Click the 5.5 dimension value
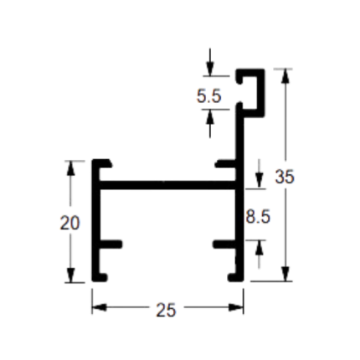click(209, 96)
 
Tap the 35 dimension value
click(285, 177)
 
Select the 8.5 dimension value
click(258, 217)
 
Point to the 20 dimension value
click(69, 224)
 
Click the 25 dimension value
click(166, 310)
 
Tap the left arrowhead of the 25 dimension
click(100, 307)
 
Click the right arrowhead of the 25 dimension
click(236, 307)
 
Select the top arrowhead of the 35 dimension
click(285, 76)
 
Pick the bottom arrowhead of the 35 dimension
click(285, 274)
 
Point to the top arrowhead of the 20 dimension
click(70, 168)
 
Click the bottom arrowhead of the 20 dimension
click(70, 275)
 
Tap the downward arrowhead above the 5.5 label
click(210, 69)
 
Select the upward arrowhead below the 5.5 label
click(210, 116)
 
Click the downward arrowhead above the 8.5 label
click(260, 181)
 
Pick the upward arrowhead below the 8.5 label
click(260, 247)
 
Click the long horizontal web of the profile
click(167, 185)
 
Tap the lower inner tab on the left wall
click(111, 244)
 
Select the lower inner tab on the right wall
click(224, 244)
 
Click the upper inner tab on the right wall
click(226, 164)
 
